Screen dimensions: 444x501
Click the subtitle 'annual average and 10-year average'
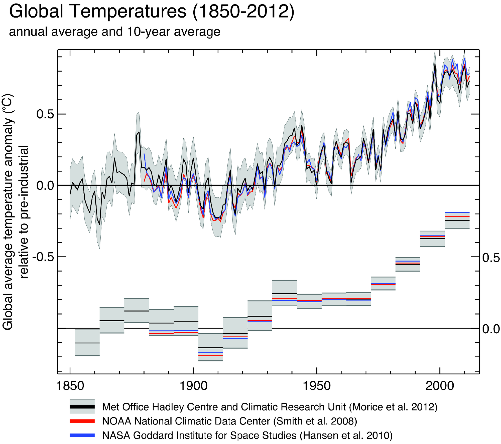coord(114,32)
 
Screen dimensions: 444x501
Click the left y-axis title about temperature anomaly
coord(15,211)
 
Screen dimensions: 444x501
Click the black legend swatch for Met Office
coord(82,407)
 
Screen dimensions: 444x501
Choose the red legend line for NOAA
coord(82,421)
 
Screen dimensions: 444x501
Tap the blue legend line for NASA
coord(82,435)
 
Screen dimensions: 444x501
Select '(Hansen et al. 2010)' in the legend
coord(346,435)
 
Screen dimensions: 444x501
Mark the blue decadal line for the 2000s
coord(457,212)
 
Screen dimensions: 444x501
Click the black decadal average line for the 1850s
coord(87,343)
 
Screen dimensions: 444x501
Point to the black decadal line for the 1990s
coord(432,239)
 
